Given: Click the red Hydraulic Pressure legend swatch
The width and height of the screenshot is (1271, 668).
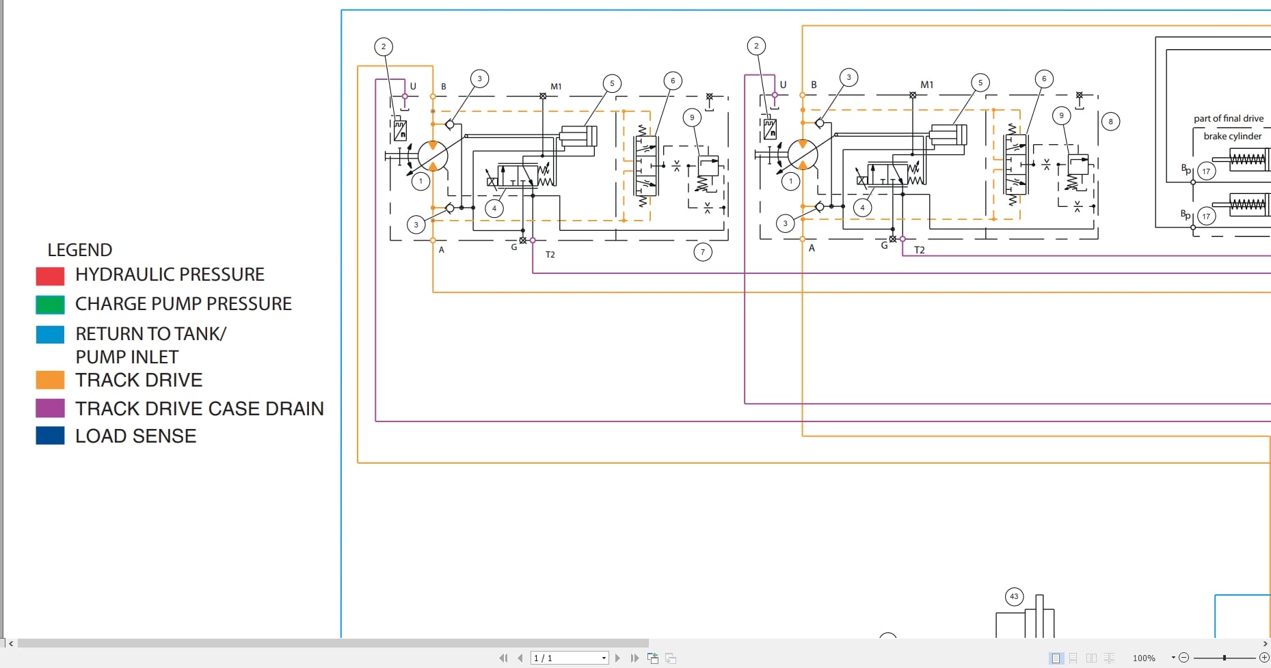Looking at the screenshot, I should [50, 276].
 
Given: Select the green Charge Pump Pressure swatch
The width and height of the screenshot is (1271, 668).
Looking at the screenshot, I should [50, 305].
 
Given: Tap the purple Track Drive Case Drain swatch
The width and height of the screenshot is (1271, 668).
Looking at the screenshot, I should [50, 408].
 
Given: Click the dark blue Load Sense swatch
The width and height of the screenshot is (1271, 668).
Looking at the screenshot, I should [50, 436].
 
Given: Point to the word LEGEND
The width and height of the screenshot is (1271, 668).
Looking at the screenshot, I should [79, 250].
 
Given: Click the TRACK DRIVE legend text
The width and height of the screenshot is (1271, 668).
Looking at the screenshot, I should [139, 380].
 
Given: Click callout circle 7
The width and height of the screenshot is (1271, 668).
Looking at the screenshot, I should [702, 252].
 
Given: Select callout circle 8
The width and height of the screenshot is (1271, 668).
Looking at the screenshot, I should [1110, 122].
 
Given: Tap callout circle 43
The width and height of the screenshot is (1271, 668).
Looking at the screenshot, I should [1014, 596].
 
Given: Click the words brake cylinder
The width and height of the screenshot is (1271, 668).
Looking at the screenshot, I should [1232, 136].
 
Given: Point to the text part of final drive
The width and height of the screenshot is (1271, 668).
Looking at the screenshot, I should [1228, 118].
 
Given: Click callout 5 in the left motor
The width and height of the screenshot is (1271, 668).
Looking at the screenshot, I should [612, 83].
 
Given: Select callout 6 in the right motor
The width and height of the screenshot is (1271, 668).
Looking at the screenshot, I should [1043, 79].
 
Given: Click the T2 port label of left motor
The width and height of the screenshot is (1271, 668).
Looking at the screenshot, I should [550, 254].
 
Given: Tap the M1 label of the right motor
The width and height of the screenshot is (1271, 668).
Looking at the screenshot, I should [926, 85].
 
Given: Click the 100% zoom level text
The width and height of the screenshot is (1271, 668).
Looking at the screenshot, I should [1144, 658].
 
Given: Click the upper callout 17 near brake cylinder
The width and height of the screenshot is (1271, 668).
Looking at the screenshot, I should [1206, 171].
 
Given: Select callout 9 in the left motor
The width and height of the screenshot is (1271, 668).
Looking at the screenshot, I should [692, 117].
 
